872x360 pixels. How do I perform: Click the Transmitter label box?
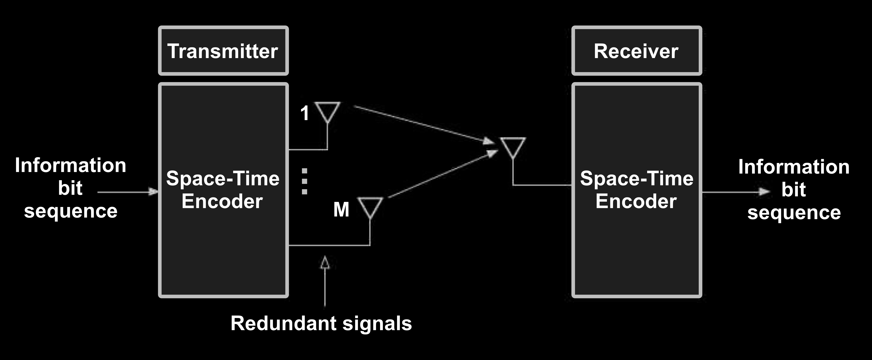[223, 51]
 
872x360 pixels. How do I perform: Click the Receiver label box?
[636, 51]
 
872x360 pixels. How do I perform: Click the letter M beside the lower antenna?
[341, 209]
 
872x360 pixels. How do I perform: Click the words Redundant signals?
[321, 323]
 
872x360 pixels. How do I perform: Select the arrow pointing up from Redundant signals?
[325, 281]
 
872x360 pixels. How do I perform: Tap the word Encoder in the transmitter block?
[222, 201]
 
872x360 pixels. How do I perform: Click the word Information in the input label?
[70, 166]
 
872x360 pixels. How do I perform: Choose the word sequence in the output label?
[794, 213]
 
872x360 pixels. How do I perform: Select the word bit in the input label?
[70, 188]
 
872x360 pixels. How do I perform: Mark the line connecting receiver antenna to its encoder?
[542, 185]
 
